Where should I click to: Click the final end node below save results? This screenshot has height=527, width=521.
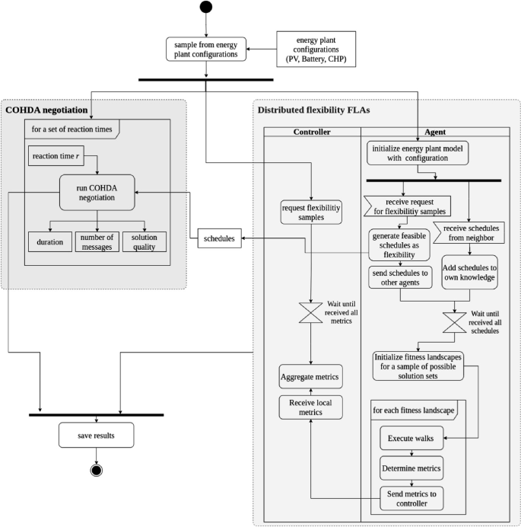click(x=97, y=468)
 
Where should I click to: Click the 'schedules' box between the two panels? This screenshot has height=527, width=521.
click(x=220, y=239)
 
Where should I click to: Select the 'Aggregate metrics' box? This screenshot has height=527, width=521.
click(x=311, y=376)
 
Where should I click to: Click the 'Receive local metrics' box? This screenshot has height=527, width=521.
click(x=311, y=407)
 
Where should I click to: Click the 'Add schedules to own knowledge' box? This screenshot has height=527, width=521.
click(x=469, y=272)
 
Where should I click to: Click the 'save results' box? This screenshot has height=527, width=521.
click(x=96, y=435)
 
